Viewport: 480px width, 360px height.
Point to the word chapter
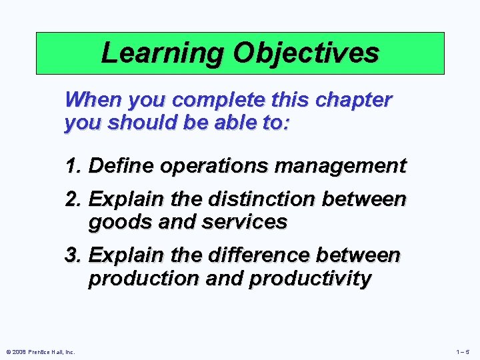[x=355, y=100]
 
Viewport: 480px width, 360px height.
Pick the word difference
[x=263, y=255]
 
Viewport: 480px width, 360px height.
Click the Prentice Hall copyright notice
[x=39, y=352]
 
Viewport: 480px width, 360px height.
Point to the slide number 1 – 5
[x=463, y=352]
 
